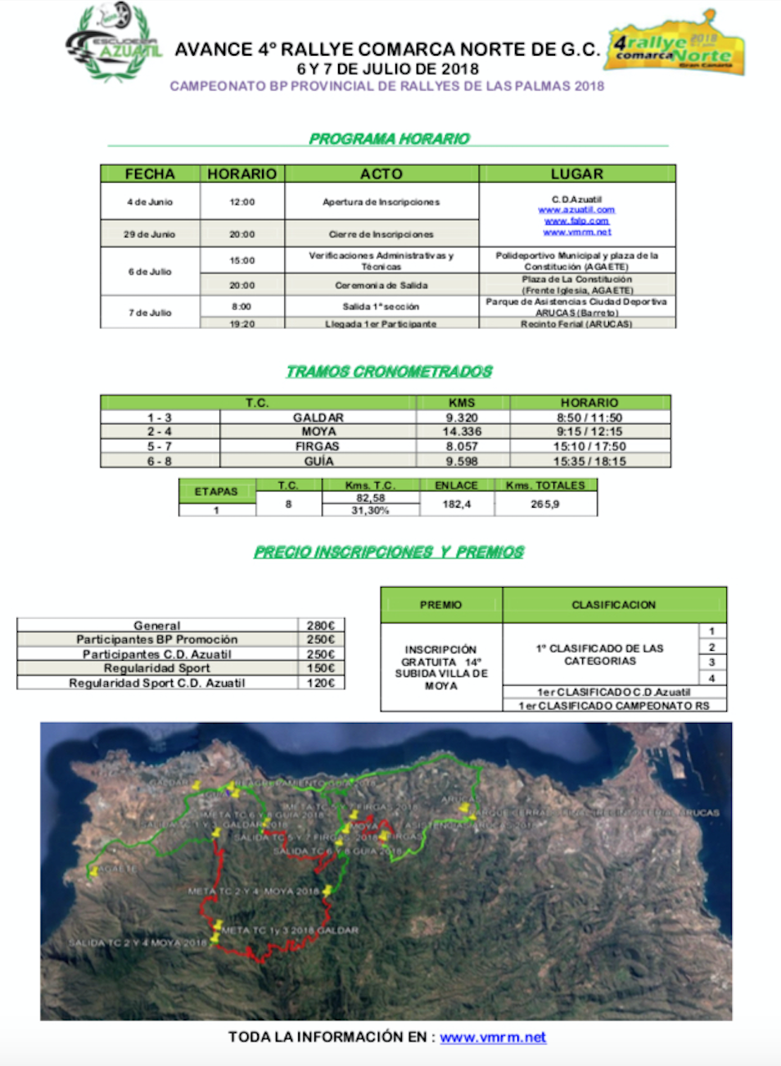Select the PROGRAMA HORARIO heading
pyautogui.click(x=389, y=138)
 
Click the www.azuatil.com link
pyautogui.click(x=576, y=210)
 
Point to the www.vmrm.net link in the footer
pyautogui.click(x=493, y=1037)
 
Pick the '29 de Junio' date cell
pyautogui.click(x=150, y=234)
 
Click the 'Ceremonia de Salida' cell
pyautogui.click(x=381, y=285)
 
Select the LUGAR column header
pyautogui.click(x=577, y=174)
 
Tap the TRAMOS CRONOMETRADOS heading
pyautogui.click(x=389, y=372)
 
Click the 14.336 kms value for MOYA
pyautogui.click(x=463, y=431)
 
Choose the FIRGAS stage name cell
pyautogui.click(x=318, y=446)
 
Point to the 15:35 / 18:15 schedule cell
pyautogui.click(x=589, y=461)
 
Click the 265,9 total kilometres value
pyautogui.click(x=545, y=504)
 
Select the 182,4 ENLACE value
pyautogui.click(x=456, y=504)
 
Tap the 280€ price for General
pyautogui.click(x=321, y=626)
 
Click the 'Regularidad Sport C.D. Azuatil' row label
pyautogui.click(x=157, y=683)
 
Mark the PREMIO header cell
pyautogui.click(x=441, y=604)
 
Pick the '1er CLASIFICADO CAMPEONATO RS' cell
pyautogui.click(x=614, y=706)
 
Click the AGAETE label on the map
pyautogui.click(x=119, y=868)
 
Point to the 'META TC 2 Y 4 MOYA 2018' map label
pyautogui.click(x=254, y=891)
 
